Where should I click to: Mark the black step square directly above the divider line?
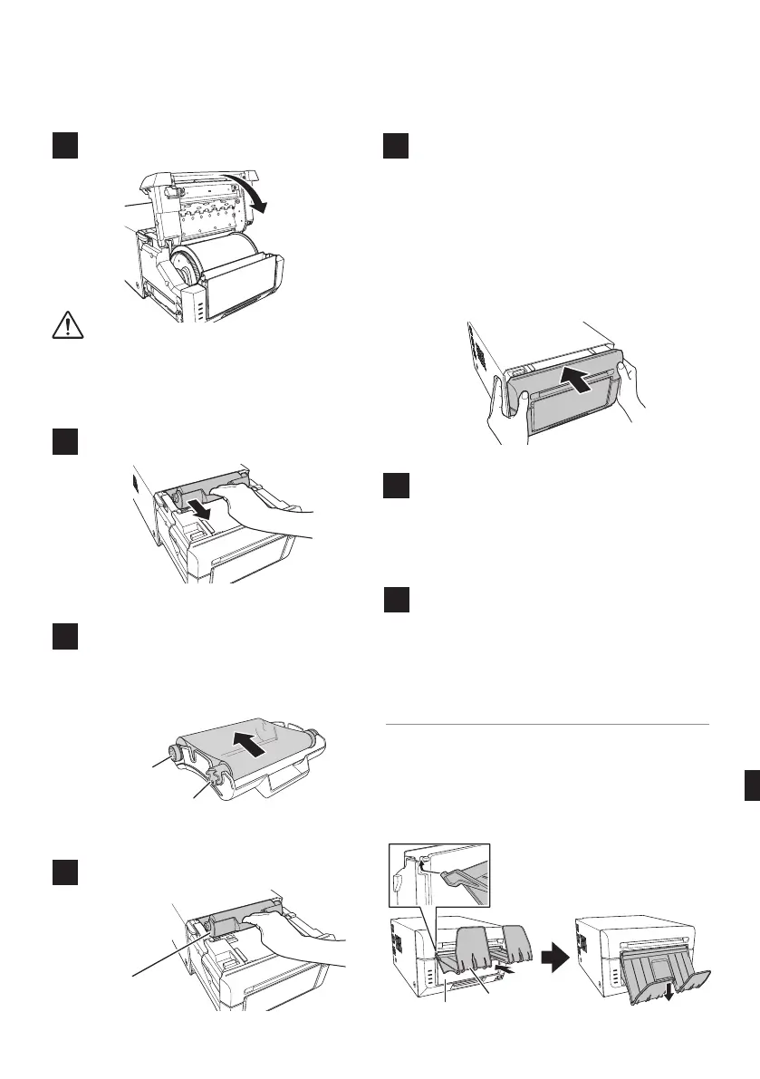coord(396,603)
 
